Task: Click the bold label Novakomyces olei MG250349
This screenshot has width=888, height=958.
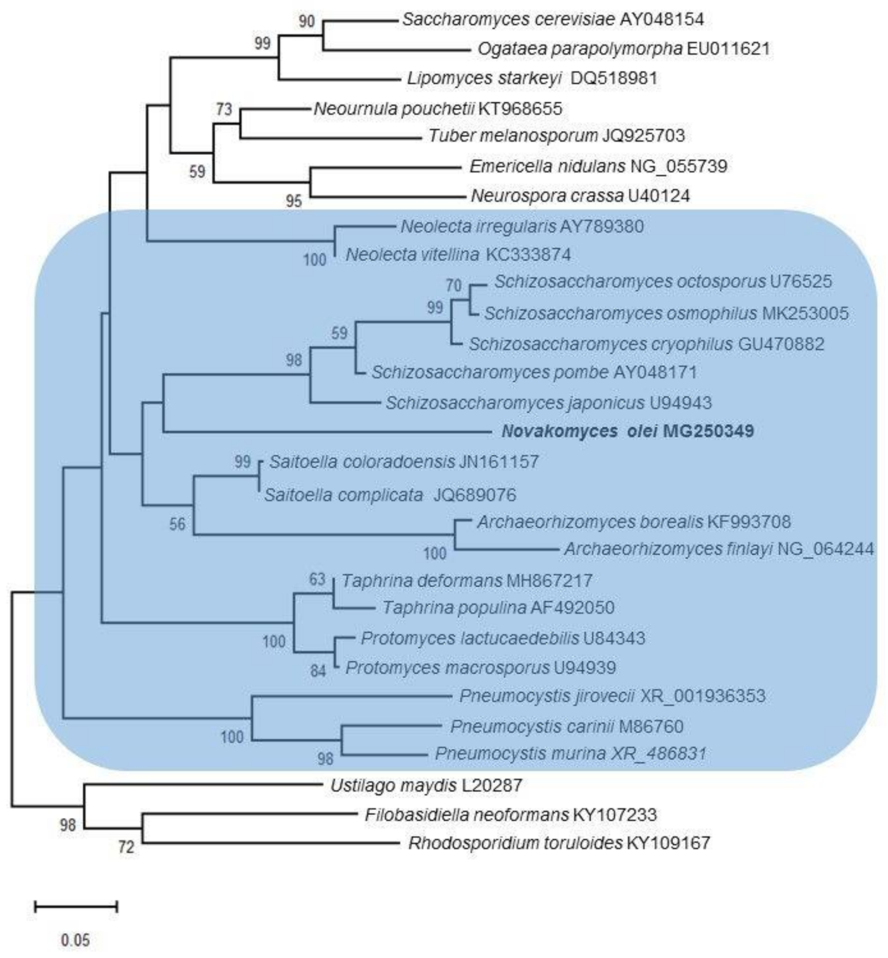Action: point(627,431)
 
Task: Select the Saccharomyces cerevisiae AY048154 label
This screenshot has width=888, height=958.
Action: point(552,19)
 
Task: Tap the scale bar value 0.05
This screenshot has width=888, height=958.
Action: point(75,939)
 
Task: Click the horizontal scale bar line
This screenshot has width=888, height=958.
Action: point(76,906)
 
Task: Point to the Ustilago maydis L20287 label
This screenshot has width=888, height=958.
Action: point(426,785)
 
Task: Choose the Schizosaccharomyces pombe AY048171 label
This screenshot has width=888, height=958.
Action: point(534,372)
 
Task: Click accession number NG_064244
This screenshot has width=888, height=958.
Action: point(825,549)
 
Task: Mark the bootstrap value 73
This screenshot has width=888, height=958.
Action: point(224,109)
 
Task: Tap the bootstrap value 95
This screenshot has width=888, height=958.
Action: point(293,200)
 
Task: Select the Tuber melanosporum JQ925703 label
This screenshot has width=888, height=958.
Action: point(556,136)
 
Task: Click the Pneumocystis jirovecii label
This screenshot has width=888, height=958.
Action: point(547,696)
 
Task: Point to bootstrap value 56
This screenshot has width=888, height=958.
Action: point(177,524)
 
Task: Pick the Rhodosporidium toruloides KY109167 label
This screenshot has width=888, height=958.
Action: point(559,843)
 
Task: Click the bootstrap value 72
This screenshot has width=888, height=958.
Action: point(126,847)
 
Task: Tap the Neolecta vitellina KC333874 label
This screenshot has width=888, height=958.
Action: point(458,255)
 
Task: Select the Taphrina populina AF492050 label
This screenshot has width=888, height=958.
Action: point(498,607)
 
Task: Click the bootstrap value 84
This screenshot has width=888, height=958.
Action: point(318,671)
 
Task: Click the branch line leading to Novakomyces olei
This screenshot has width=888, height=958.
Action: point(325,431)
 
